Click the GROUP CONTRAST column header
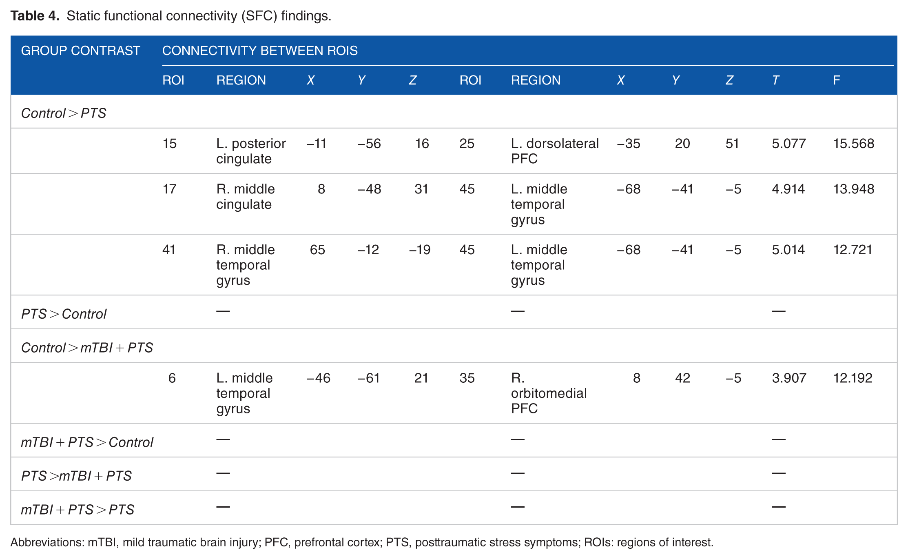[x=80, y=51]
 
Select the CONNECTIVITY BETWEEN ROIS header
[x=260, y=51]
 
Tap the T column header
[x=775, y=80]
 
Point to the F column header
[x=836, y=80]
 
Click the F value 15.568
[x=853, y=144]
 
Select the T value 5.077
[x=788, y=144]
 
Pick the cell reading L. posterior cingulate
[x=251, y=151]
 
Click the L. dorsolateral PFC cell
[x=555, y=151]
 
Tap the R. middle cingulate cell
[x=246, y=197]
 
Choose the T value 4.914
[x=788, y=189]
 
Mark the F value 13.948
[x=853, y=189]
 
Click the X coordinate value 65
[x=317, y=250]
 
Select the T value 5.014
[x=788, y=250]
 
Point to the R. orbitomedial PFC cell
[x=549, y=393]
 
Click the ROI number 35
[x=467, y=378]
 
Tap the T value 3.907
[x=789, y=378]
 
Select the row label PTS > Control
[x=64, y=314]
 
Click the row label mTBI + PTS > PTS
[x=78, y=510]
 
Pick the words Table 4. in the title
[x=35, y=16]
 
